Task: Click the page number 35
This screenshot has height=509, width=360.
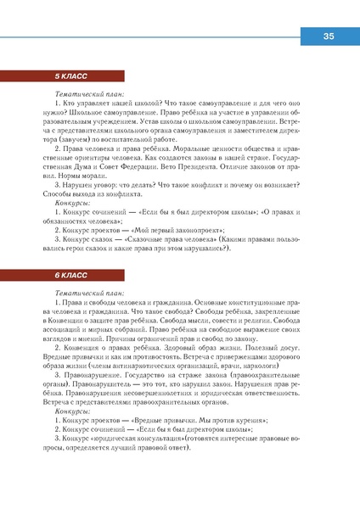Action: coord(329,36)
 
